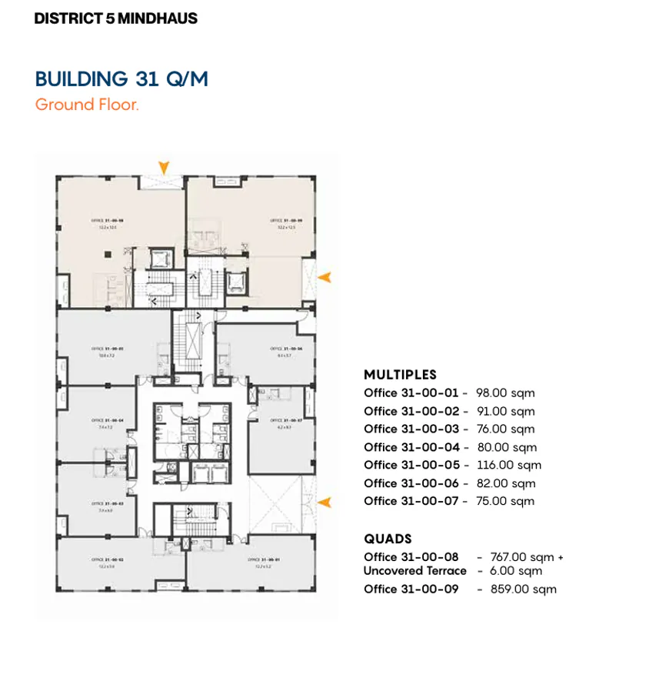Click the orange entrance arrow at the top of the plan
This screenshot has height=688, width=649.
pyautogui.click(x=163, y=167)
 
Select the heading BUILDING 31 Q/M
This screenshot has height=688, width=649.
pyautogui.click(x=121, y=79)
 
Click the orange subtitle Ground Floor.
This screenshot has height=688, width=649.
pyautogui.click(x=87, y=105)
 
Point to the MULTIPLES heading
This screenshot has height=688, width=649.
pyautogui.click(x=400, y=375)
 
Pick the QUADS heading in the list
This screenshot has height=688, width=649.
pyautogui.click(x=388, y=539)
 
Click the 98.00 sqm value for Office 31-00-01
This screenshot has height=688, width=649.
pyautogui.click(x=504, y=393)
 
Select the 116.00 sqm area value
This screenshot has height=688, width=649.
pyautogui.click(x=508, y=465)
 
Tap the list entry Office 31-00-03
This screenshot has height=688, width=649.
pyautogui.click(x=411, y=429)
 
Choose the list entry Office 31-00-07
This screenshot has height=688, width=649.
pyautogui.click(x=411, y=501)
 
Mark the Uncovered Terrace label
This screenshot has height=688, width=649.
pyautogui.click(x=414, y=571)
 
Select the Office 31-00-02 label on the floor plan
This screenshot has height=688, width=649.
pyautogui.click(x=106, y=559)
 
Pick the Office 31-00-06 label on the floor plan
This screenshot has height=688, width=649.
pyautogui.click(x=280, y=349)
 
